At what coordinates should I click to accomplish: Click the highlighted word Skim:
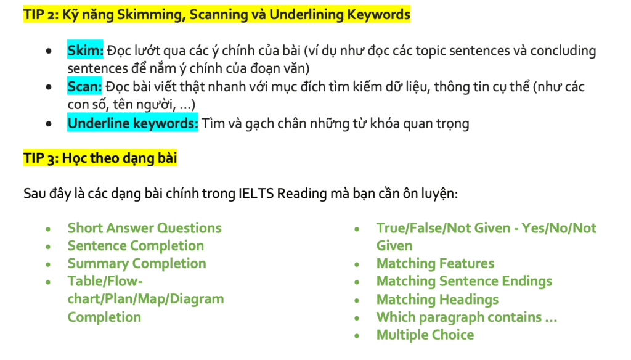pos(85,51)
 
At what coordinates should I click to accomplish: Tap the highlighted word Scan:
pos(84,87)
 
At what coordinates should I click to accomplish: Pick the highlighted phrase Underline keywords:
pos(132,123)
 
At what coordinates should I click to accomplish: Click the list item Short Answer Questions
pos(144,228)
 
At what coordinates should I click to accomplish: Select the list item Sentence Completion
pos(136,246)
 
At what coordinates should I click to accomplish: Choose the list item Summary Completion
pos(137,264)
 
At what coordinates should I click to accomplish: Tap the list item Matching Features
pos(435,264)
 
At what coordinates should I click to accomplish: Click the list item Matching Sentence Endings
pos(464,282)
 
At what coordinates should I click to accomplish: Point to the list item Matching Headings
pos(438,300)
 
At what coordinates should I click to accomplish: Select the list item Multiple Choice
pos(425,335)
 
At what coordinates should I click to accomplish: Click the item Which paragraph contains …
pos(466,317)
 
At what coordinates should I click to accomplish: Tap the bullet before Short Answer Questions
pos(49,229)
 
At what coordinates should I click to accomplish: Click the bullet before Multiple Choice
pos(357,336)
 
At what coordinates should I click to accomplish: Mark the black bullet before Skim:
pos(49,51)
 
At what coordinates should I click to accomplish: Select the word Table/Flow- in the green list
pos(105,282)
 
